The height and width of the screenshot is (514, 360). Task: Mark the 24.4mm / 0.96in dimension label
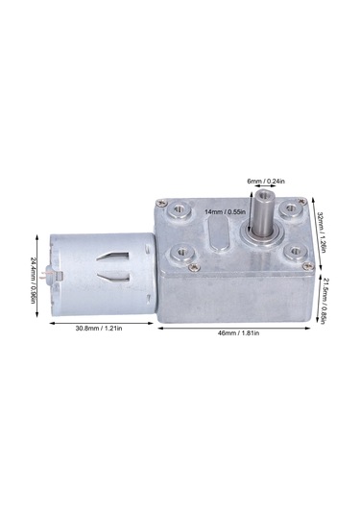(34, 279)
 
